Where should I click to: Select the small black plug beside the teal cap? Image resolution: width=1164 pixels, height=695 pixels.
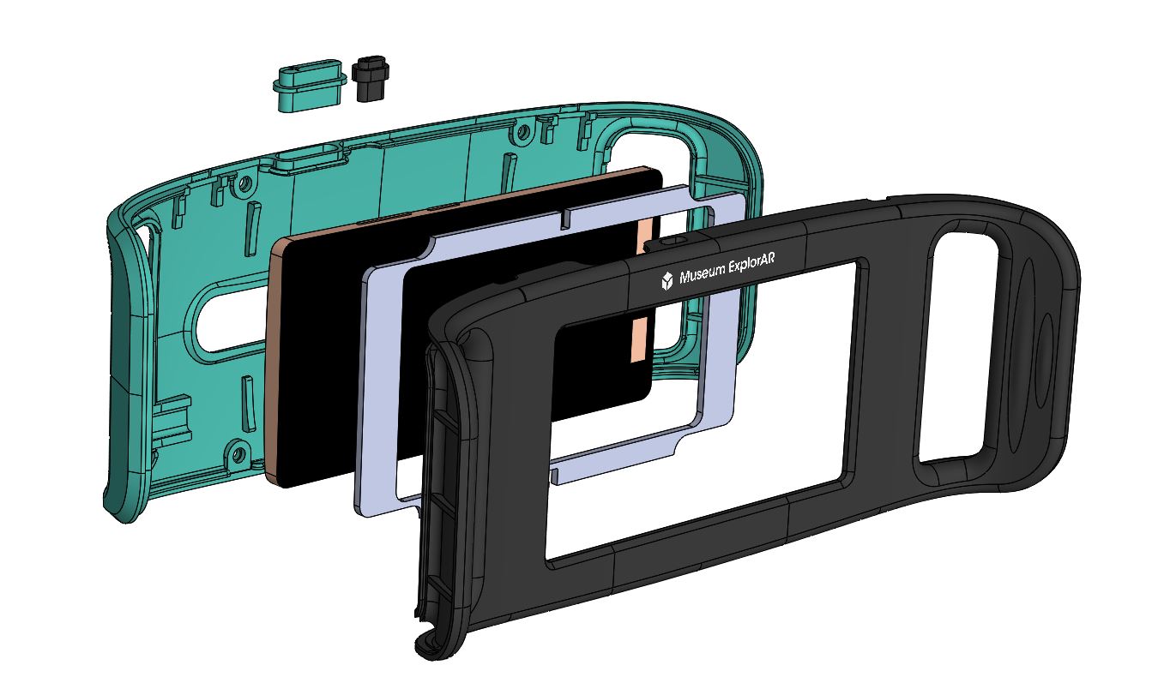tap(370, 78)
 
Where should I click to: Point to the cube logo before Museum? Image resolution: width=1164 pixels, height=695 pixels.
tap(667, 281)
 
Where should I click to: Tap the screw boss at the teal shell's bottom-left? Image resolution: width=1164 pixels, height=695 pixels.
tap(238, 453)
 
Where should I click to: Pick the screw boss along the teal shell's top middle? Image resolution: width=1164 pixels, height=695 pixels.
tap(523, 132)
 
